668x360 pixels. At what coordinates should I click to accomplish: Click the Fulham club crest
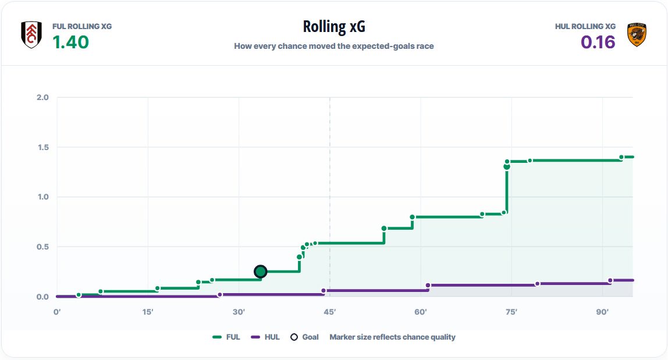click(31, 34)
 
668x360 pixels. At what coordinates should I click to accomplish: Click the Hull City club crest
click(637, 34)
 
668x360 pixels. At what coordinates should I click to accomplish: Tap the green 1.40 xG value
click(71, 42)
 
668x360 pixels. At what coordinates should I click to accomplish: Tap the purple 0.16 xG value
click(598, 42)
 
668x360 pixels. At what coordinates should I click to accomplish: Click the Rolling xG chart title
click(334, 26)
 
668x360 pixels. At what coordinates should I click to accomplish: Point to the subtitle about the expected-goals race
click(334, 46)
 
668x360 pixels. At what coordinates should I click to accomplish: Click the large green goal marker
click(260, 272)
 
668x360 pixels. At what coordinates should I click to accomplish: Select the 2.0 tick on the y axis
click(42, 97)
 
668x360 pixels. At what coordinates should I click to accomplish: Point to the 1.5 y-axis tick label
click(42, 147)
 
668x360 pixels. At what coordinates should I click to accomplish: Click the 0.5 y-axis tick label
click(42, 247)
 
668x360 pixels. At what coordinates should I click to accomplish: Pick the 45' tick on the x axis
click(330, 312)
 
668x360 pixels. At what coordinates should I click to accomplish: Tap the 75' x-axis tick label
click(511, 312)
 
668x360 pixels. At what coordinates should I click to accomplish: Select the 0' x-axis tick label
click(57, 312)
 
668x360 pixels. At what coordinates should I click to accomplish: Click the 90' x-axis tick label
click(602, 312)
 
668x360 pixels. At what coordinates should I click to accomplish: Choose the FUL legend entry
click(226, 337)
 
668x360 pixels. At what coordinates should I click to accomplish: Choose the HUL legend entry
click(265, 337)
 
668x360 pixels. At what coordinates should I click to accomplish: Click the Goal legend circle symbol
click(294, 337)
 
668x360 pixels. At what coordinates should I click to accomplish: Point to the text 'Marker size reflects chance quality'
click(392, 337)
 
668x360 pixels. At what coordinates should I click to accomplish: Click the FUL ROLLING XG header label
click(82, 26)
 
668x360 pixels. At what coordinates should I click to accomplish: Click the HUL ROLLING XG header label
click(585, 26)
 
